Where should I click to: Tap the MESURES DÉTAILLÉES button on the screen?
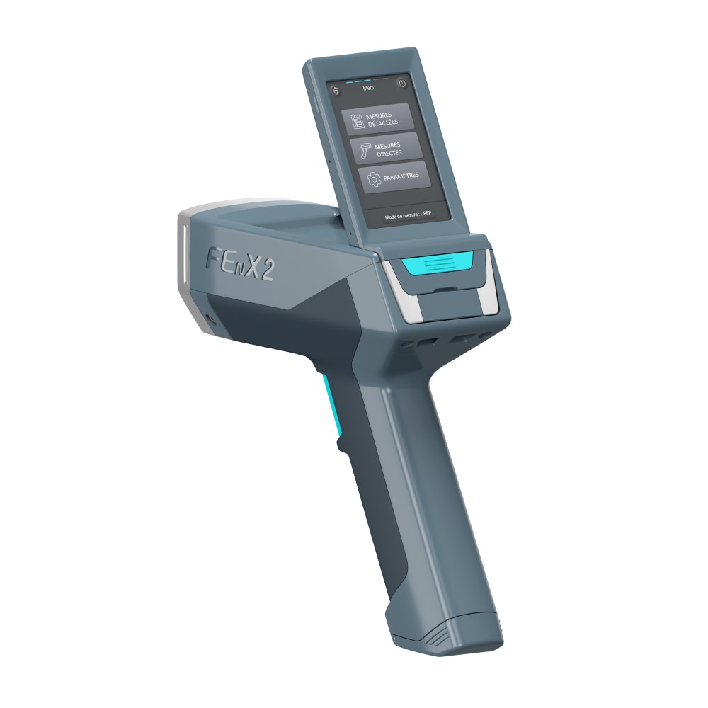coord(377,119)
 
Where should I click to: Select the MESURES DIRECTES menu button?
coord(386,149)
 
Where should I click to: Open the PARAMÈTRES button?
coord(394,178)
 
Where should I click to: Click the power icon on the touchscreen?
coord(402,84)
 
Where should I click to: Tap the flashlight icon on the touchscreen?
coord(336,91)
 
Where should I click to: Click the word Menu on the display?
coord(369,88)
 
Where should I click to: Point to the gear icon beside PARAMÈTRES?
coord(374,179)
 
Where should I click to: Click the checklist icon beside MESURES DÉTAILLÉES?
coord(357,121)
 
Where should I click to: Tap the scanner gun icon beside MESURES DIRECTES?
coord(365,150)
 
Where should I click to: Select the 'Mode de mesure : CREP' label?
coord(408,215)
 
